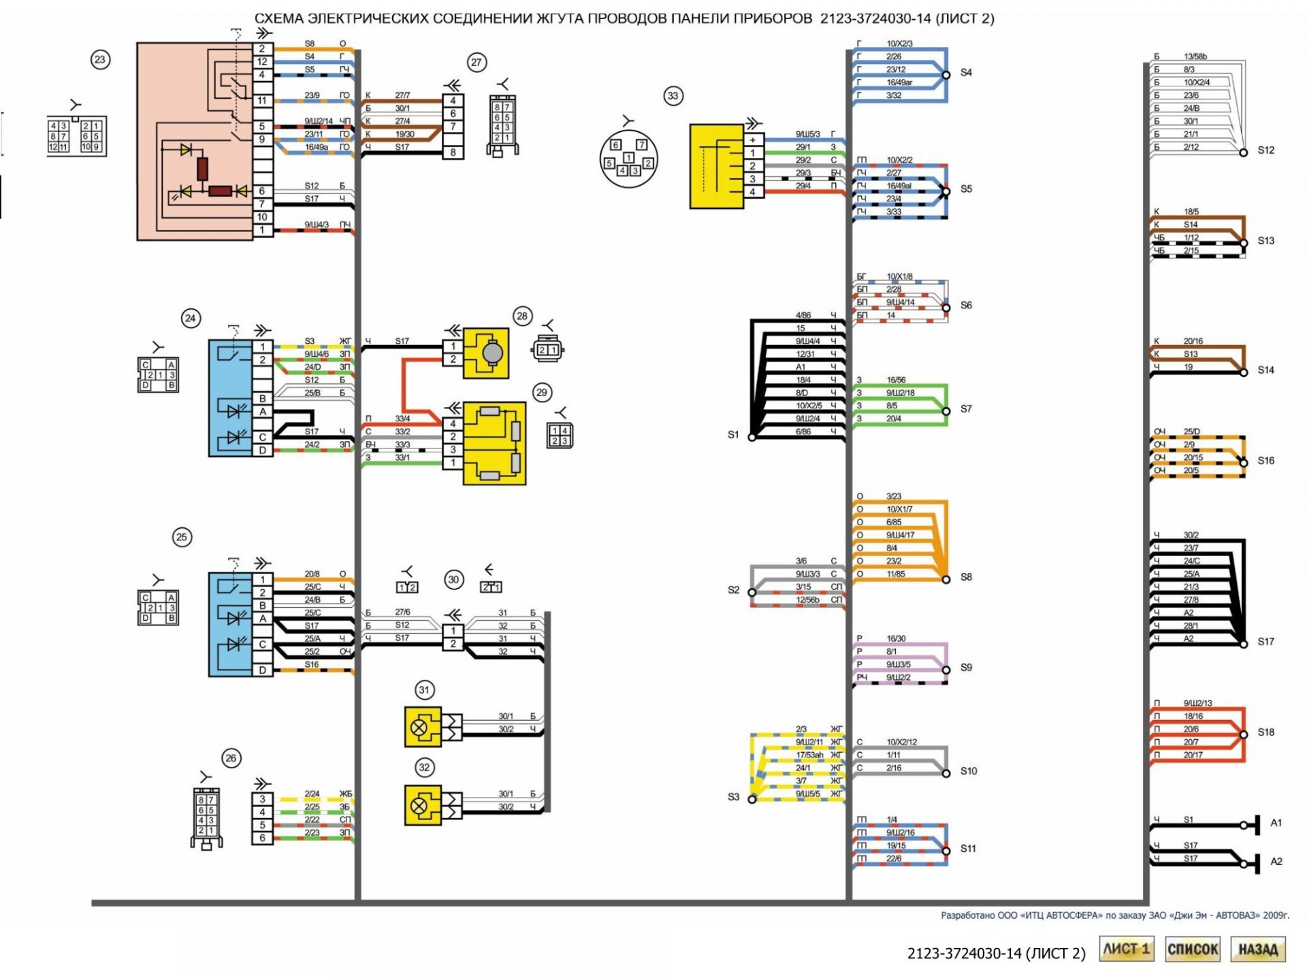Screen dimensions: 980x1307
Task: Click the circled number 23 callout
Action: tap(100, 60)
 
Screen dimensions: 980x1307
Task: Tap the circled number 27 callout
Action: tap(477, 63)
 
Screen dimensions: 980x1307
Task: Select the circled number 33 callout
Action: tap(673, 96)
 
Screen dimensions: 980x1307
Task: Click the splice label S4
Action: tap(966, 73)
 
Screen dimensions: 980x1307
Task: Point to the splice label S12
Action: tap(1265, 150)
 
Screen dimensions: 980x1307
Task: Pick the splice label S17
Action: tap(1265, 642)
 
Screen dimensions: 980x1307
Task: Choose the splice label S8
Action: tap(966, 577)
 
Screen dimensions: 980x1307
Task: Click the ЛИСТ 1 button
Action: tap(1126, 949)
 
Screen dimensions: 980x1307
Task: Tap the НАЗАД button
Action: tap(1257, 949)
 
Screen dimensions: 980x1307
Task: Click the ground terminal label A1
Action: tap(1276, 823)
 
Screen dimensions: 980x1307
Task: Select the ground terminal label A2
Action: tap(1276, 862)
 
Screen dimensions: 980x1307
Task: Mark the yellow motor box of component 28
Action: tap(486, 353)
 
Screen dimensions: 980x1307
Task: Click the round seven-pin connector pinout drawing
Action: tap(628, 160)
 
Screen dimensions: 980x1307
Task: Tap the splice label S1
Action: tap(733, 435)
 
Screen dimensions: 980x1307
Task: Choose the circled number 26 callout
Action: tap(231, 758)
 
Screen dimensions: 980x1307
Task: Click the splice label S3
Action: tap(733, 797)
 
